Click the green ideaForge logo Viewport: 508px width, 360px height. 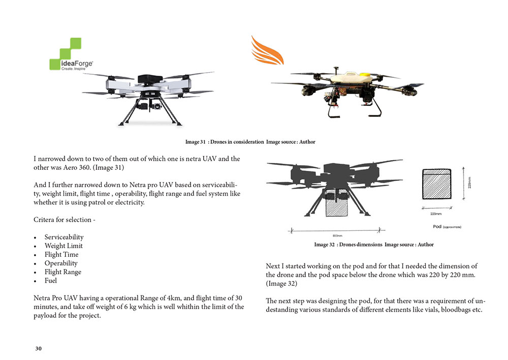tap(71, 54)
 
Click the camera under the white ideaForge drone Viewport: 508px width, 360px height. tap(148, 104)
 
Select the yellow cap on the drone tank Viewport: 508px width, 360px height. tap(365, 75)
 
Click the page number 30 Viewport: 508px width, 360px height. tap(39, 349)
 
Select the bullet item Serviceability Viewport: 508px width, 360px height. tap(64, 237)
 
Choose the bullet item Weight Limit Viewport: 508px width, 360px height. tap(63, 246)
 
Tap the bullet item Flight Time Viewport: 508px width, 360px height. tap(61, 255)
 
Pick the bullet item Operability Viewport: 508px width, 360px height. tap(61, 263)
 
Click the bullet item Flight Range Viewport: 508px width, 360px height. tap(63, 272)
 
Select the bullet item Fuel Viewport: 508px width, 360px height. tap(50, 281)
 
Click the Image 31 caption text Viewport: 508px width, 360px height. tap(250, 142)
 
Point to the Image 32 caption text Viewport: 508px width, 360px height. tap(373, 245)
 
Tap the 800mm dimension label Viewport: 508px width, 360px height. tap(337, 236)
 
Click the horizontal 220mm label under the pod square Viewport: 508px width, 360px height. tap(436, 214)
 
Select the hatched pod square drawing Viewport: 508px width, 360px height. tap(437, 184)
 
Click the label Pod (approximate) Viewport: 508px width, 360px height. tap(447, 227)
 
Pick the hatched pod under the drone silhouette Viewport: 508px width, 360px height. tap(336, 203)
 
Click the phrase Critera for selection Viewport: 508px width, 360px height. tap(64, 220)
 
